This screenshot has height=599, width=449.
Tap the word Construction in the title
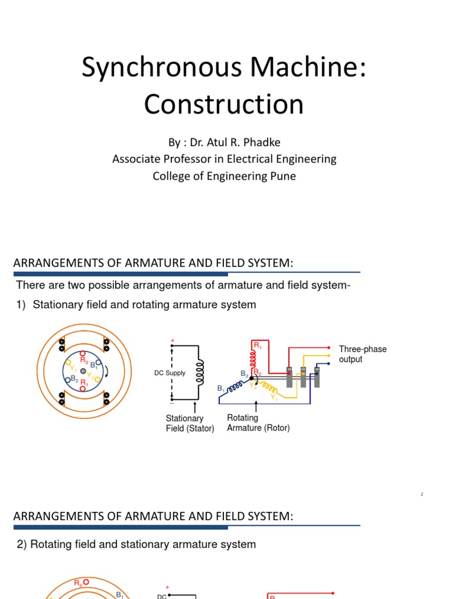(x=224, y=104)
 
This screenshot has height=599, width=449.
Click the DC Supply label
(x=170, y=373)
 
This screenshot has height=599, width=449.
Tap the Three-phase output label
(x=362, y=354)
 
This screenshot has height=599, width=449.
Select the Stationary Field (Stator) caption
(x=190, y=423)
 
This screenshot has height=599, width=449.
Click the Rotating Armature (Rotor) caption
(x=258, y=422)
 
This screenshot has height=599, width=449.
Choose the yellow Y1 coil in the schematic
(x=270, y=387)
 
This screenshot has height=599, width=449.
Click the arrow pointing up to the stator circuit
(x=194, y=406)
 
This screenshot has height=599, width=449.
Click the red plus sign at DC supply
(x=172, y=340)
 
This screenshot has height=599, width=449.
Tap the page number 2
(x=422, y=495)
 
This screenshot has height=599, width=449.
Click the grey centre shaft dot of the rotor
(x=84, y=371)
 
